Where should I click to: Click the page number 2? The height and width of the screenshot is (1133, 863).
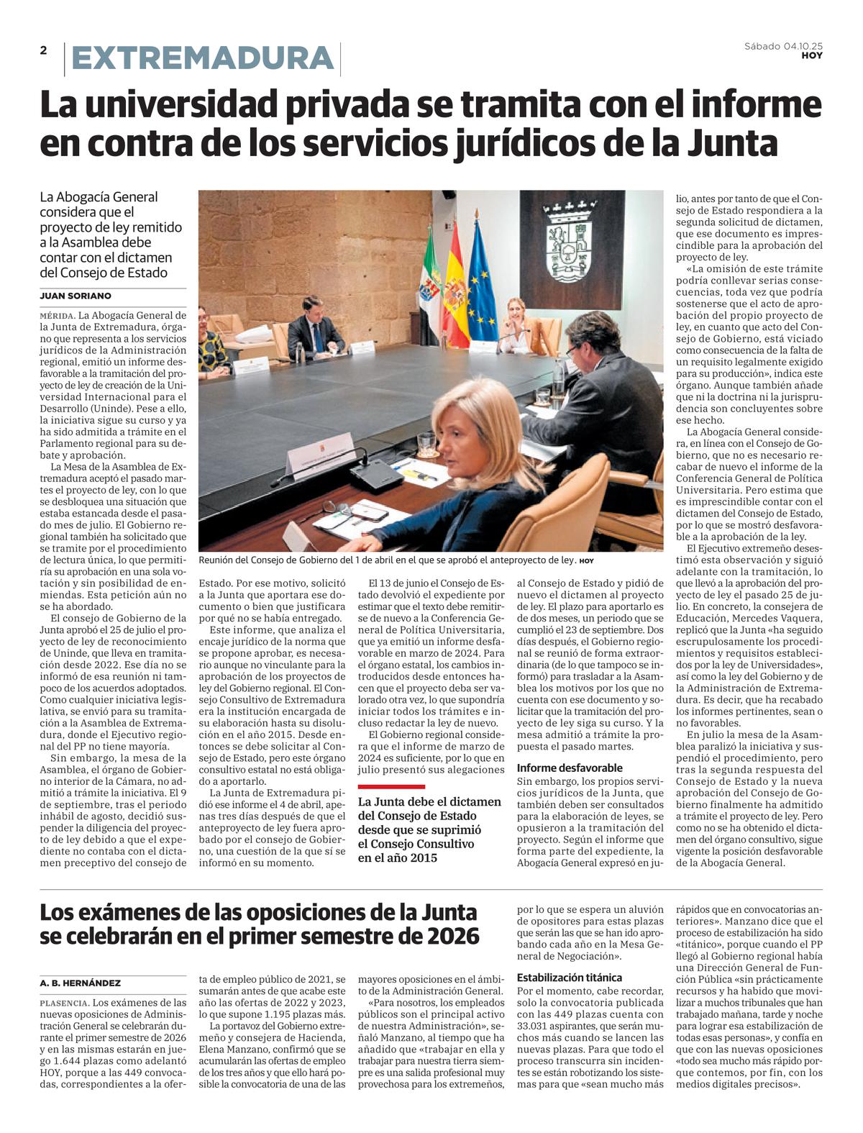click(x=44, y=50)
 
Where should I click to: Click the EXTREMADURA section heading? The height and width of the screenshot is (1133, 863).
click(x=203, y=59)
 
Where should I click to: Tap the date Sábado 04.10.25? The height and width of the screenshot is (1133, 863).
click(x=783, y=46)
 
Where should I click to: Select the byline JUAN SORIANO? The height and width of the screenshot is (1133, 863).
click(x=76, y=296)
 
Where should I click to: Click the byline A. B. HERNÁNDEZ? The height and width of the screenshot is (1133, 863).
click(x=81, y=983)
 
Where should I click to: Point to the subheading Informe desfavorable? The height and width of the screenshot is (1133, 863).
click(x=570, y=768)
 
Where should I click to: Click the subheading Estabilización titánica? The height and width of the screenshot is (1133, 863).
click(x=570, y=977)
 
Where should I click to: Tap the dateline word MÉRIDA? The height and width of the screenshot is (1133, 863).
click(x=57, y=316)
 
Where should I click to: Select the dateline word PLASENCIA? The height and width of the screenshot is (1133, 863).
click(x=64, y=1003)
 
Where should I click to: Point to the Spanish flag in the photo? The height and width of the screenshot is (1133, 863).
click(x=456, y=288)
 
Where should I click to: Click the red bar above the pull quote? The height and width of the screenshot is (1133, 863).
click(x=391, y=786)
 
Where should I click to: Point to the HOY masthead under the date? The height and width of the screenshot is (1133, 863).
click(x=812, y=55)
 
